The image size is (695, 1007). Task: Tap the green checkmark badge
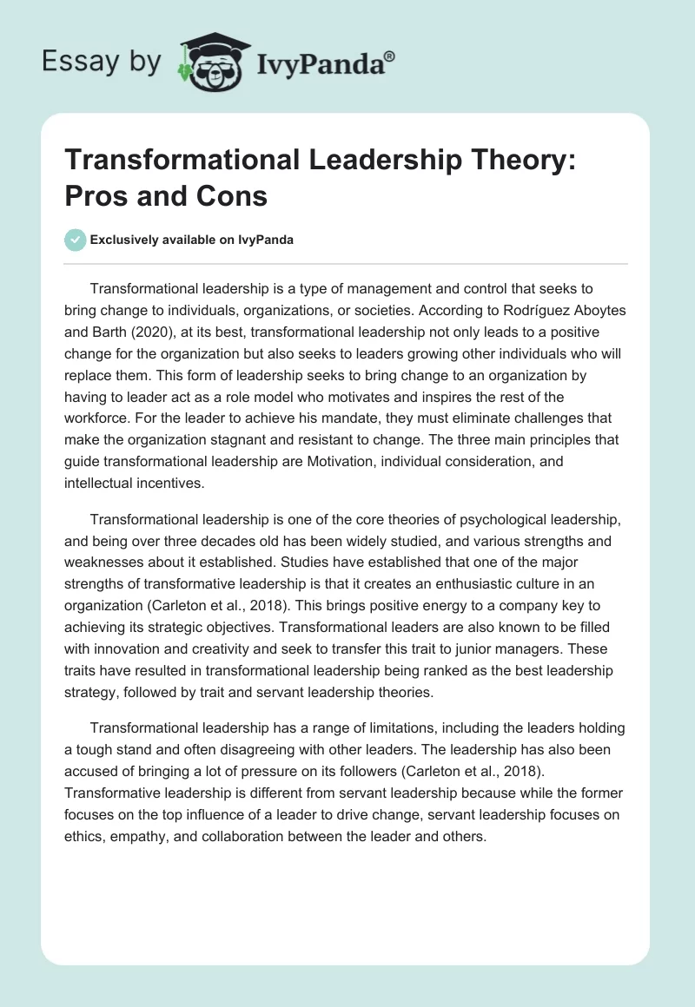(75, 240)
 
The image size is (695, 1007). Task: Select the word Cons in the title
(235, 196)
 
